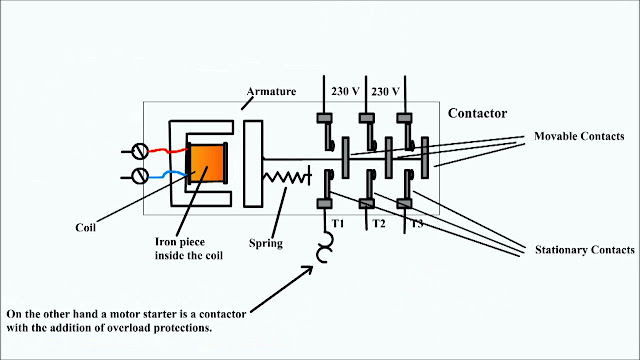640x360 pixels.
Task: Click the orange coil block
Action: tap(208, 162)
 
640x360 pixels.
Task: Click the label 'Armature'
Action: tap(272, 90)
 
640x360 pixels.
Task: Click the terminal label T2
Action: tap(379, 223)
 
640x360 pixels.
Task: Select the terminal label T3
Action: tap(416, 223)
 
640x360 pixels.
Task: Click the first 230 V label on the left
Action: tap(345, 91)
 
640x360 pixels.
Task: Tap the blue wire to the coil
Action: tap(169, 174)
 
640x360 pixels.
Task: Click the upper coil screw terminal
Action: tap(141, 152)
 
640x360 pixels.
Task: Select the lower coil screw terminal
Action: tap(141, 176)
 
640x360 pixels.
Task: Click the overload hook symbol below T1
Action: tap(325, 249)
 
